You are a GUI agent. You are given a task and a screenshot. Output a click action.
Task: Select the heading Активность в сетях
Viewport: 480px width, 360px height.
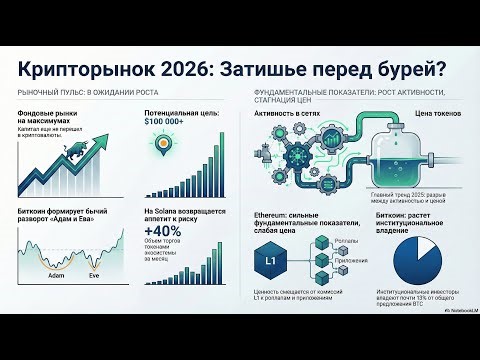pos(289,116)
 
